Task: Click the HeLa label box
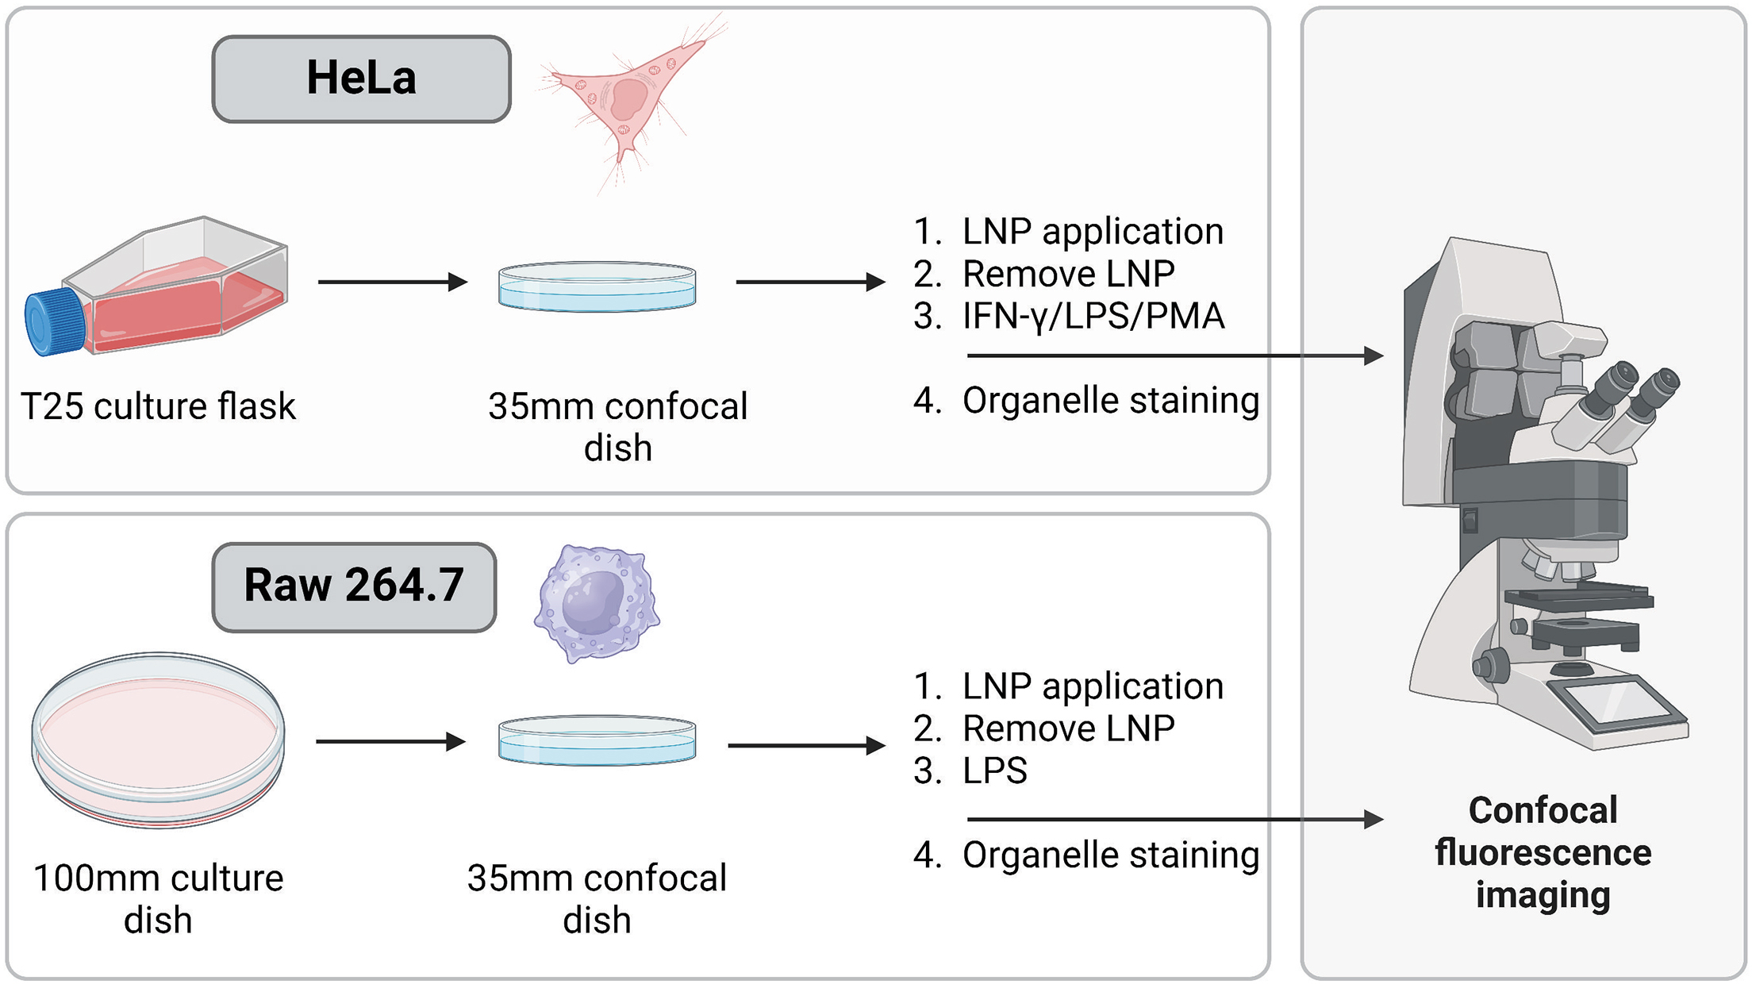coord(361,79)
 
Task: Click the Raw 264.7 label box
coord(354,587)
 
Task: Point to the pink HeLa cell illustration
coord(627,99)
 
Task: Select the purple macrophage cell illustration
coord(597,603)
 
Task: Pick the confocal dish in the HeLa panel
coord(597,286)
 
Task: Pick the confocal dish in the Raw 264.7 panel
coord(597,740)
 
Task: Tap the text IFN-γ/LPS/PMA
coord(1093,316)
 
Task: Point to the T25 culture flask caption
coord(158,406)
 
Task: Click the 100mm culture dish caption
coord(158,898)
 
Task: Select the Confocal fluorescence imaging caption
coord(1543,852)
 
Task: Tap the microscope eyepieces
coord(1627,397)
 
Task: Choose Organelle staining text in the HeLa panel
coord(1110,401)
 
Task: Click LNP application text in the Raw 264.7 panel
coord(1092,686)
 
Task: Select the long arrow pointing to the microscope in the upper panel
coord(1174,356)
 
